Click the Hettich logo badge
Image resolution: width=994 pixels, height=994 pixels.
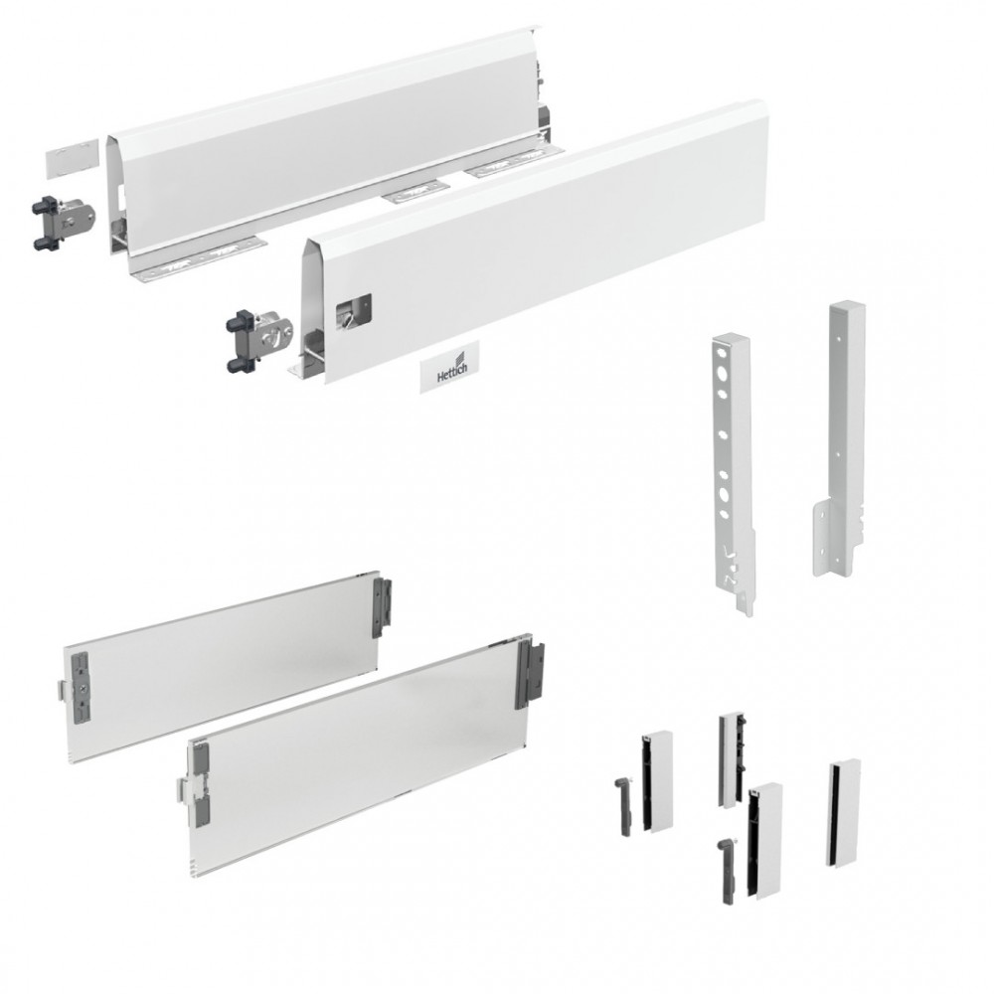click(x=449, y=367)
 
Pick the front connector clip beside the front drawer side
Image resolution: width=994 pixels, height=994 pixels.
click(x=259, y=339)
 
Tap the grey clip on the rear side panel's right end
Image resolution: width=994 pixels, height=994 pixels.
click(x=383, y=607)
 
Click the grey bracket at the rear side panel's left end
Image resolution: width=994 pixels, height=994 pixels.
click(x=81, y=689)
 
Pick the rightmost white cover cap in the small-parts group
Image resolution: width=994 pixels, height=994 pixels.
click(x=844, y=813)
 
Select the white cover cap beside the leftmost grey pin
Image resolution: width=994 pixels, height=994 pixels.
click(x=657, y=781)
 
